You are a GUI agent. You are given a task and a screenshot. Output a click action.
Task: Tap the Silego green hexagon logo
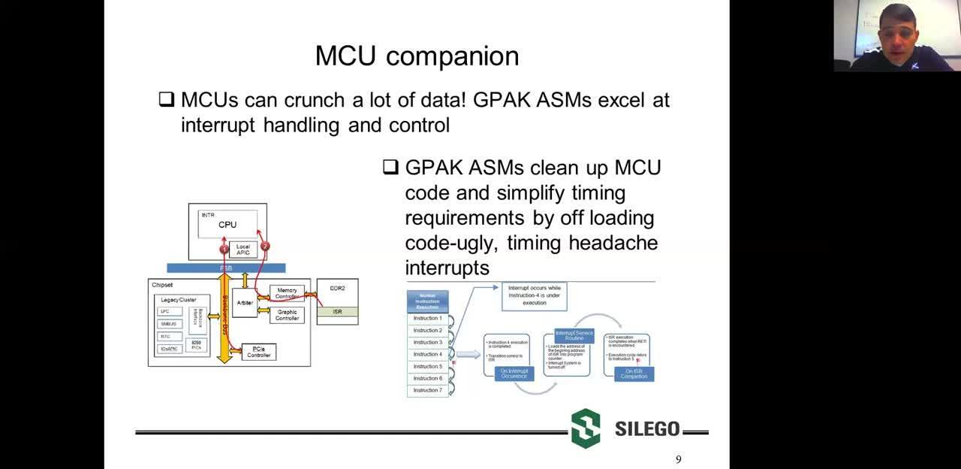(586, 428)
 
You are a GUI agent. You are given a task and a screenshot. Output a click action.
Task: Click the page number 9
(679, 460)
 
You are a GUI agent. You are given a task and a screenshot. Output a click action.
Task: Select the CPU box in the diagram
(227, 224)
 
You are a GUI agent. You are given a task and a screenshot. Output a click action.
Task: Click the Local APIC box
(243, 250)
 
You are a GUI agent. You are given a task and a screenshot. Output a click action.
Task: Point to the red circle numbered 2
(264, 246)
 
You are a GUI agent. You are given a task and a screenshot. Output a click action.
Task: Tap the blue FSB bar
(226, 268)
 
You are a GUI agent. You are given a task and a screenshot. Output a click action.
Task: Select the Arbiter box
(245, 302)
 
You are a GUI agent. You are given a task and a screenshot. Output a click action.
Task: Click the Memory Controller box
(287, 293)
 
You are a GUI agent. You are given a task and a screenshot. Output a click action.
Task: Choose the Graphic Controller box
(287, 315)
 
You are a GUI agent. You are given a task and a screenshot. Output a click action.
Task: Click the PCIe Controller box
(258, 352)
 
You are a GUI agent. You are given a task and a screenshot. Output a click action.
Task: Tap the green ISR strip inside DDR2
(337, 311)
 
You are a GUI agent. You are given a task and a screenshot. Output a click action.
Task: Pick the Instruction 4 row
(427, 354)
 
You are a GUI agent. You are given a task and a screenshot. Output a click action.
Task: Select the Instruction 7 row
(427, 390)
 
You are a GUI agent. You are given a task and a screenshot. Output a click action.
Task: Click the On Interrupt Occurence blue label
(514, 373)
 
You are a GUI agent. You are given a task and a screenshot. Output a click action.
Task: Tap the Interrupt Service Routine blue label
(574, 335)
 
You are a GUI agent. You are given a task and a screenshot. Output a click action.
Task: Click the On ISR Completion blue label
(634, 374)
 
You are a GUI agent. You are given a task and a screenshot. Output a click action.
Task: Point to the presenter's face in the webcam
(898, 26)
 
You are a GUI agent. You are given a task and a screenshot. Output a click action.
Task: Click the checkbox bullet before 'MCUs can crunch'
(167, 99)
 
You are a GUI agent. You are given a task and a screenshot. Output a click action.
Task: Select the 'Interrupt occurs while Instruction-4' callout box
(534, 295)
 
